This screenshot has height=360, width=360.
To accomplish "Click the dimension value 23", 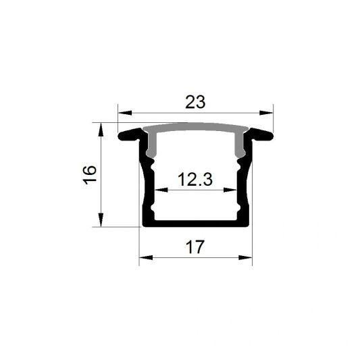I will [x=195, y=102].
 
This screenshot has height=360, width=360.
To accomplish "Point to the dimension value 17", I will [x=195, y=247].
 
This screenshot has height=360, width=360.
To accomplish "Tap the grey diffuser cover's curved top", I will [x=195, y=128].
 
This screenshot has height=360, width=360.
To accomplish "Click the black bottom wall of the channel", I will [x=195, y=224].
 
